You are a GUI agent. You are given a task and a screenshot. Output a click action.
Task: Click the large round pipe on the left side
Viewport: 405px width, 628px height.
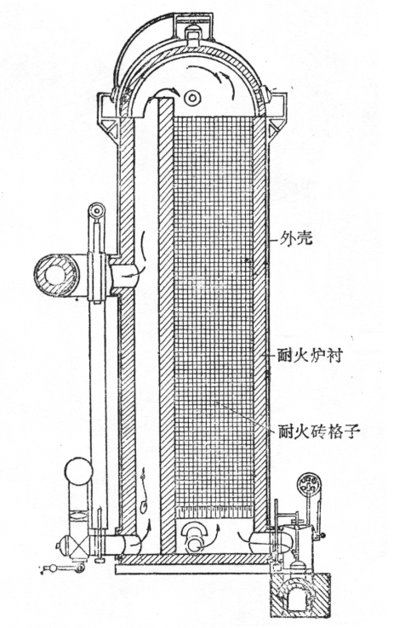pos(58,274)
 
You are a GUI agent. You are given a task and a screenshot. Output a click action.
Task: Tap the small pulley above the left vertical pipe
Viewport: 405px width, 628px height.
pos(99,209)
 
